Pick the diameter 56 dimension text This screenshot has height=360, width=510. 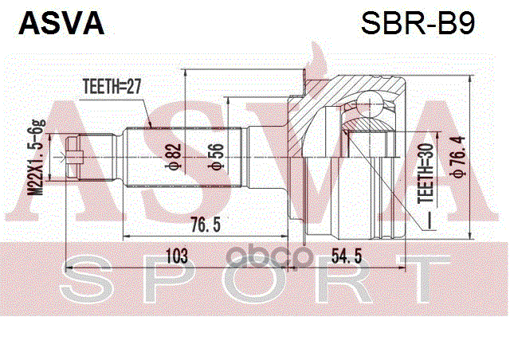(x=214, y=157)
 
